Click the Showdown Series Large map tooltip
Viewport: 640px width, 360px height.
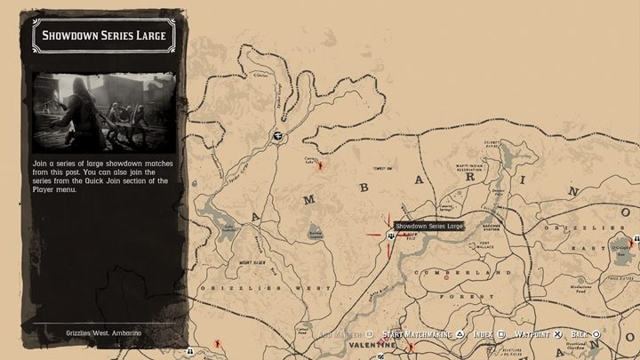point(429,227)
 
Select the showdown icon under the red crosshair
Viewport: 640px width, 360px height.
point(391,236)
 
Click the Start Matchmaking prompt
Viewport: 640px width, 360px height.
point(417,334)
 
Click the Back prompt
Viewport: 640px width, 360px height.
point(579,334)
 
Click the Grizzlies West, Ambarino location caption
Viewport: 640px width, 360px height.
point(104,332)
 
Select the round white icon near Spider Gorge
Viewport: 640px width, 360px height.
point(278,136)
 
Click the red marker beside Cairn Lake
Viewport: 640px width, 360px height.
point(322,166)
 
